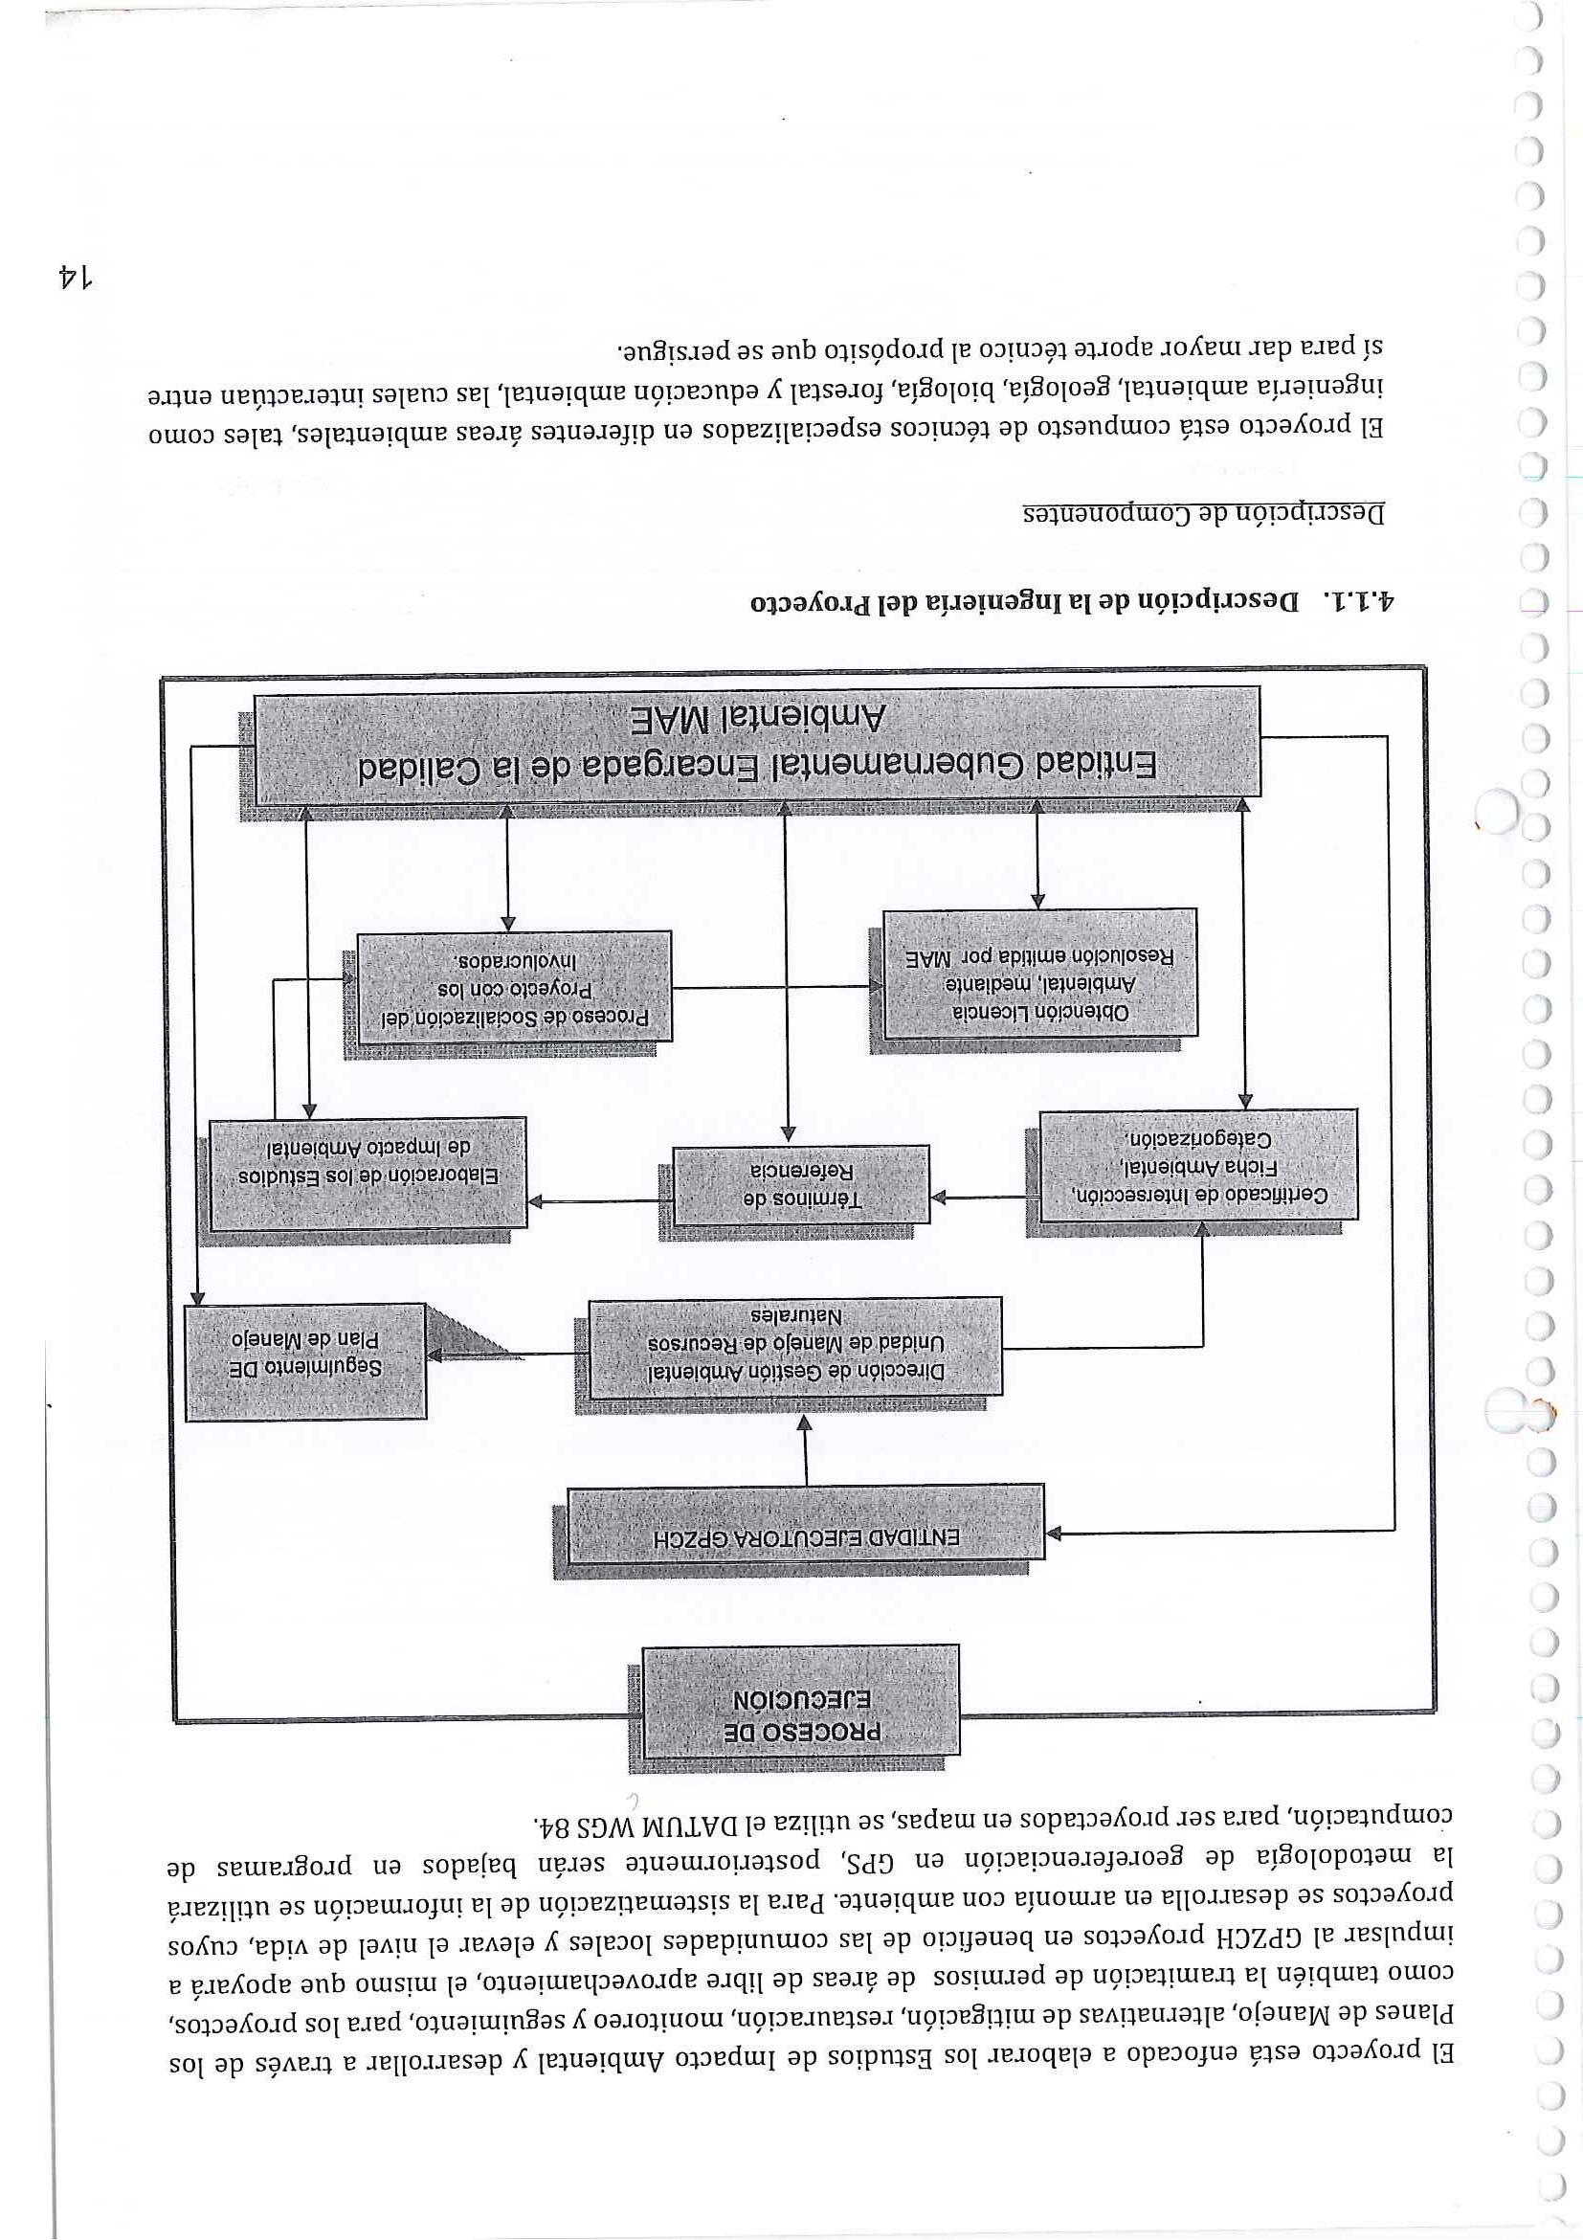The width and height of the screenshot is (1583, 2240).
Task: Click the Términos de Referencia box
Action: coord(802,1184)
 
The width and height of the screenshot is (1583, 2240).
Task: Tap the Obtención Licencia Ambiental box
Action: coord(1039,973)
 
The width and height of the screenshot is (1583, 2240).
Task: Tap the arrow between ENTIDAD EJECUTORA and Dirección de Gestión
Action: coord(806,1453)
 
